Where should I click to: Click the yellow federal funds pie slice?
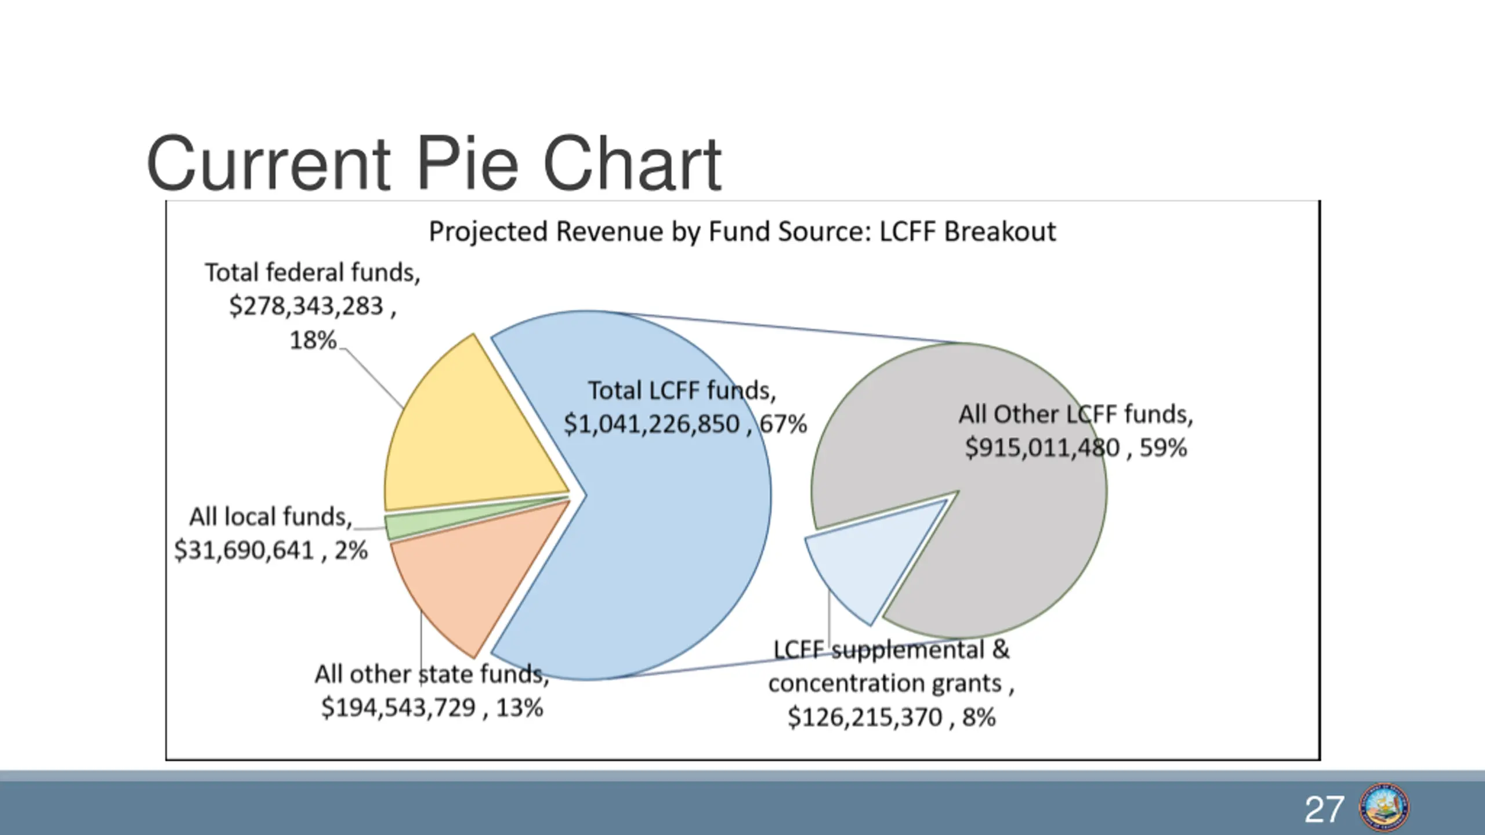[464, 441]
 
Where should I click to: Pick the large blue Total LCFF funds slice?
[667, 551]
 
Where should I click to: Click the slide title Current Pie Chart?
[434, 164]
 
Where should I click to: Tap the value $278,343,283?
[306, 306]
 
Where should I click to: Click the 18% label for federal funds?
[313, 340]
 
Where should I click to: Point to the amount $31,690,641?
[244, 550]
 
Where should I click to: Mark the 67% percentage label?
[784, 424]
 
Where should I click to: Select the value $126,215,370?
[865, 718]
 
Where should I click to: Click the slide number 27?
[1324, 809]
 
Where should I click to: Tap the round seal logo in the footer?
[1384, 808]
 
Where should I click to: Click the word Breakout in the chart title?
[1000, 232]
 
